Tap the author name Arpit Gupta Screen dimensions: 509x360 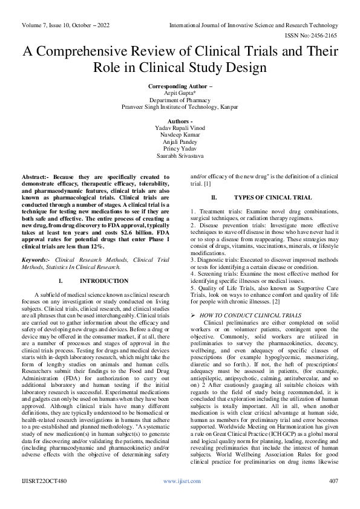coord(180,94)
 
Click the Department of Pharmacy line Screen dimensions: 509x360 coord(180,100)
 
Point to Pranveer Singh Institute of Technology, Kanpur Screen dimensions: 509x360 coord(180,107)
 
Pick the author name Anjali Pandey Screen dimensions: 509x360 coord(180,142)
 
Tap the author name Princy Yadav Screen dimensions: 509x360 coord(180,149)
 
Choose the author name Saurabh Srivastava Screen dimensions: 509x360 coord(180,155)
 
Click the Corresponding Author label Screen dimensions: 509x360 coord(180,87)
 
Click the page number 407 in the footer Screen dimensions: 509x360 coord(332,481)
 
